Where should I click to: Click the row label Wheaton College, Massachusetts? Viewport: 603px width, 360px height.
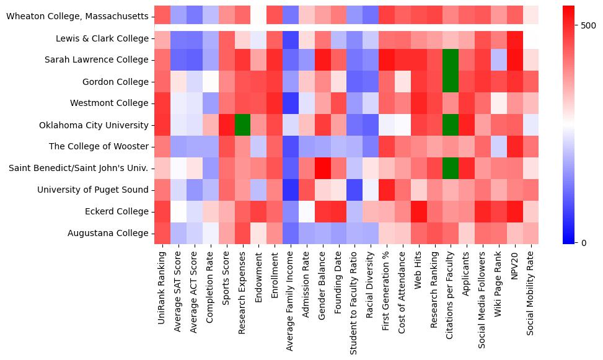click(x=77, y=16)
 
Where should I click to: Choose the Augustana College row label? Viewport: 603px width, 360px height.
click(x=109, y=234)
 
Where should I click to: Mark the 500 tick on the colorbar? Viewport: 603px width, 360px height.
click(x=589, y=25)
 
